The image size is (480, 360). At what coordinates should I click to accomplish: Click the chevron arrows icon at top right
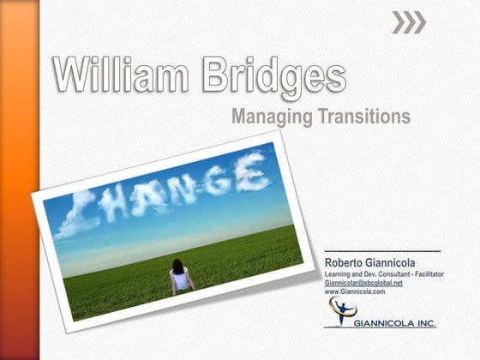click(x=409, y=24)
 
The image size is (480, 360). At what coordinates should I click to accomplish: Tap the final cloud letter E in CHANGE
click(x=253, y=171)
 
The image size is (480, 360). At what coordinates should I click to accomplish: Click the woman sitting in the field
click(x=181, y=276)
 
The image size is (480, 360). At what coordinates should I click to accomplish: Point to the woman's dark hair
click(x=179, y=266)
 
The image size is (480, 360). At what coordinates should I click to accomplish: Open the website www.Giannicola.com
click(x=355, y=291)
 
